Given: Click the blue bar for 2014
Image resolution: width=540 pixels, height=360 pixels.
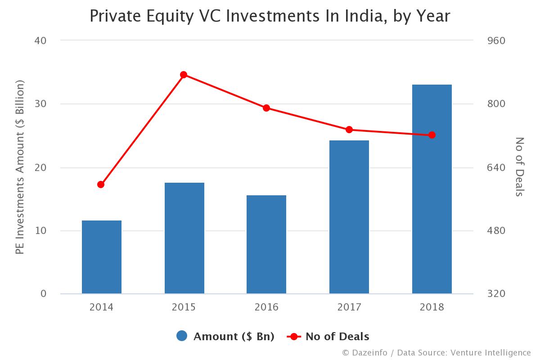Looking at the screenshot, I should pos(101,257).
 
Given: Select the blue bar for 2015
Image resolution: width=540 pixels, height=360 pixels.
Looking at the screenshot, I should pos(184,238).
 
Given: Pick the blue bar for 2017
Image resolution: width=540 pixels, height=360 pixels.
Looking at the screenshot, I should pos(349,217).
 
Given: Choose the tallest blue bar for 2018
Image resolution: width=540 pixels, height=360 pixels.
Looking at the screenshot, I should pos(432,189).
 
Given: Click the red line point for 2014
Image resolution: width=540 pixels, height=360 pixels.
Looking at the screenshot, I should pos(101,184).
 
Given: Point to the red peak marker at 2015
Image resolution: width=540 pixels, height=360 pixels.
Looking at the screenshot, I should pos(184,75).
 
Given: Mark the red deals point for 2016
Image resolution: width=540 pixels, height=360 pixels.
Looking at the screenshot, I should pos(266,108).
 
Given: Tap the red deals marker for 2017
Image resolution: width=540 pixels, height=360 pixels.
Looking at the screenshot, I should pos(349,130).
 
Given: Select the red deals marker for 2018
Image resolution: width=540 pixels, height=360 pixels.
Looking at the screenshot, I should pos(432,135).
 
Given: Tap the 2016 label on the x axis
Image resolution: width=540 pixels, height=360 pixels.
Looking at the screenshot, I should pos(266,307).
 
